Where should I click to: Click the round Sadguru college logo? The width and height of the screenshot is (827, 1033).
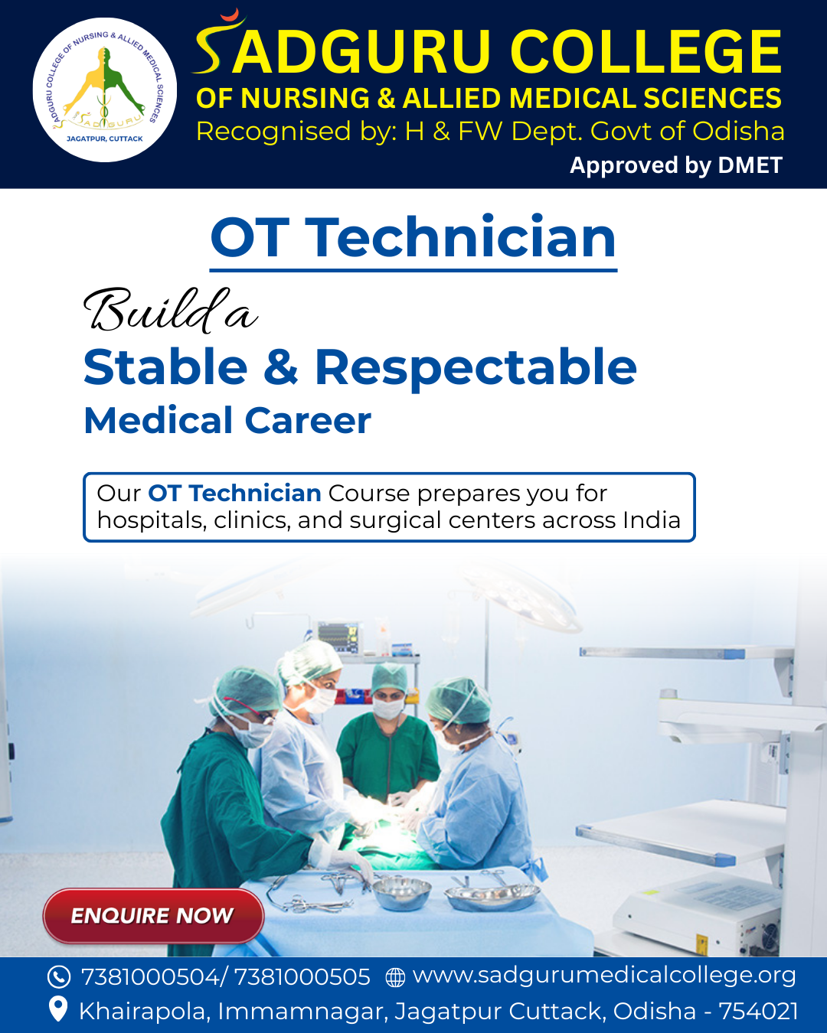click(105, 90)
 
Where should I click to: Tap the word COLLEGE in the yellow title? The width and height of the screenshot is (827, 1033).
click(646, 52)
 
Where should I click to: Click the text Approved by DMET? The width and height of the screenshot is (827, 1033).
click(676, 165)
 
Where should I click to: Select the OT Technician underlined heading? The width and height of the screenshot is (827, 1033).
click(413, 238)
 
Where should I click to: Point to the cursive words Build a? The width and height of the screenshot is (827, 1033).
click(170, 311)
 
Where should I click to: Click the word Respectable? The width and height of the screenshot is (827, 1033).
click(476, 367)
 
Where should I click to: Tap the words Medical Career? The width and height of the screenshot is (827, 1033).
click(227, 421)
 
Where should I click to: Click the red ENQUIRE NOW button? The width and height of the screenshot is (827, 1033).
click(153, 915)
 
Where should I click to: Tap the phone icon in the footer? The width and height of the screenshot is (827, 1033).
click(59, 977)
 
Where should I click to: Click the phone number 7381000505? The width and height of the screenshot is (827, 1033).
click(302, 977)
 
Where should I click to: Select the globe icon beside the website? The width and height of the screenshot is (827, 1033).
click(395, 977)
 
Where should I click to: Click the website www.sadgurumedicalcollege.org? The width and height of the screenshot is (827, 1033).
click(604, 976)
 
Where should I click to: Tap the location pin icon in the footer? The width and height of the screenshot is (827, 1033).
click(58, 1009)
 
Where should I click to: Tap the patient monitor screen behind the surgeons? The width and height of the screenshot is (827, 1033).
click(338, 636)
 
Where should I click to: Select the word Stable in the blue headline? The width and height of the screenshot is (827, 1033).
click(165, 367)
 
